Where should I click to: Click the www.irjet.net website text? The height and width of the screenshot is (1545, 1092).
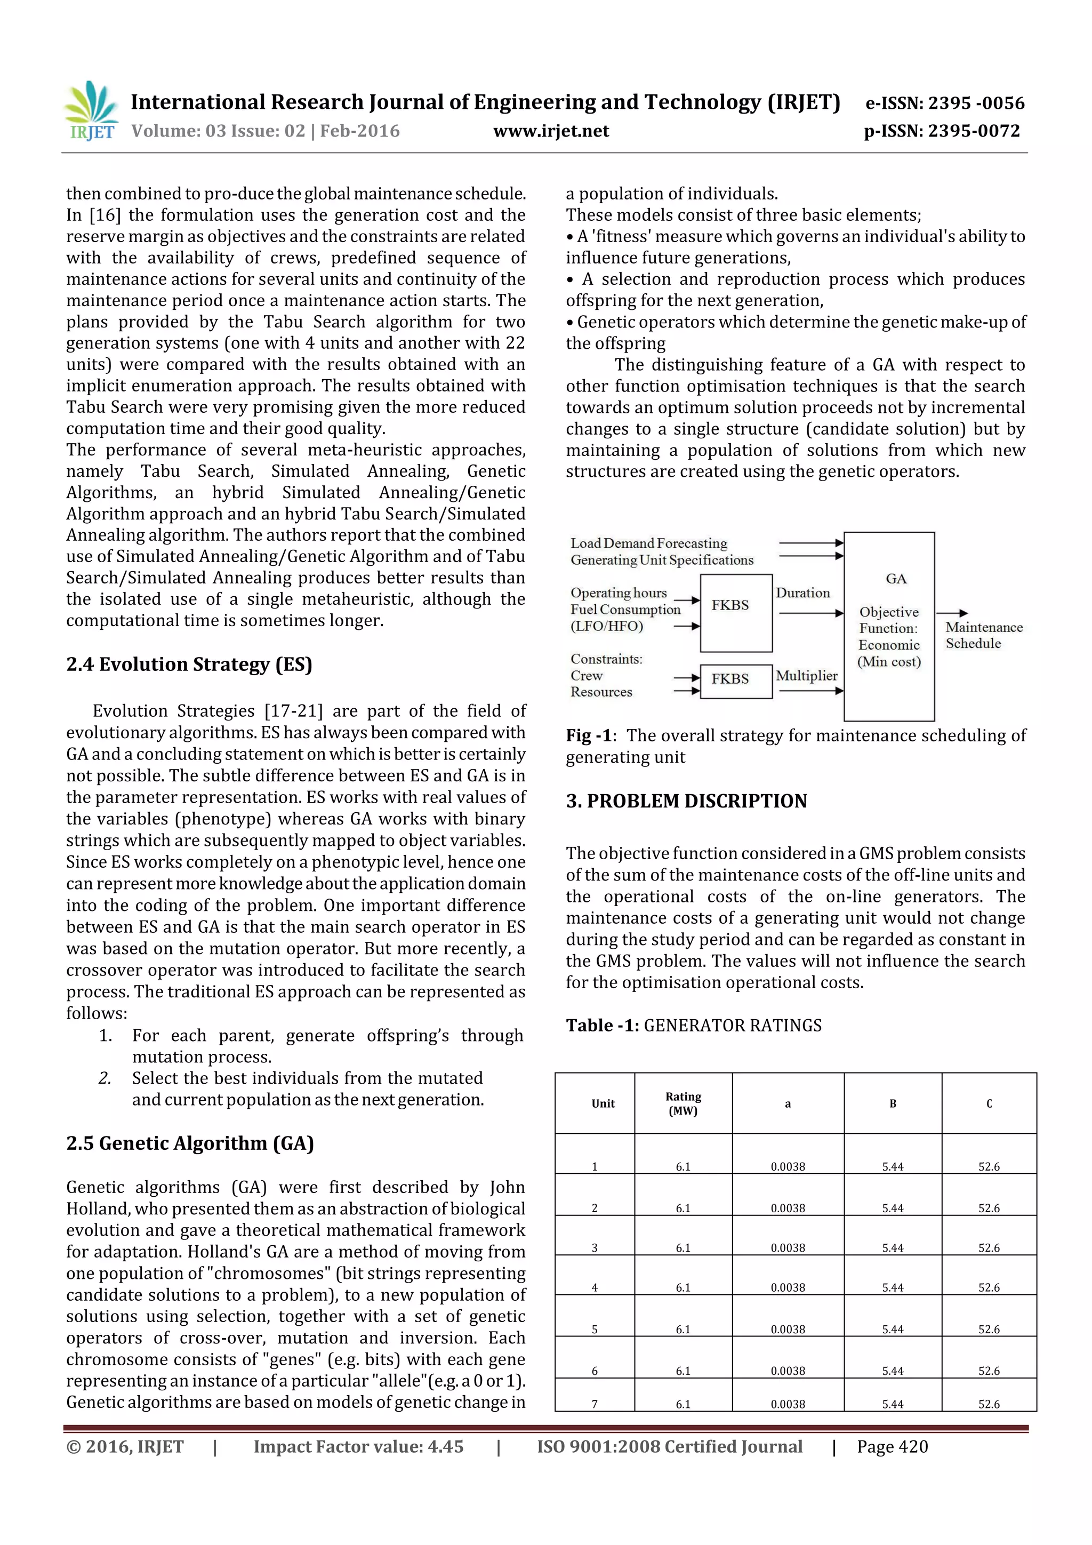point(550,131)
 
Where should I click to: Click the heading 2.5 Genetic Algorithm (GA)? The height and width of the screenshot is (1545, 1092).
point(190,1143)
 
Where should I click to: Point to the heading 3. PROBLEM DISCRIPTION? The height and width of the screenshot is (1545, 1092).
point(686,800)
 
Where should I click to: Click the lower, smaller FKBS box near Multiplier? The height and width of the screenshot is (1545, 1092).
point(735,679)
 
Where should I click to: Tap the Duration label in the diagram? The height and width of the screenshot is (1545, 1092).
point(802,593)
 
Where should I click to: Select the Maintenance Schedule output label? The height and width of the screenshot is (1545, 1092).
point(983,635)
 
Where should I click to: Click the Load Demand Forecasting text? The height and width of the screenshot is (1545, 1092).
point(648,543)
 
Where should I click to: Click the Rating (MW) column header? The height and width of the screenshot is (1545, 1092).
point(683,1103)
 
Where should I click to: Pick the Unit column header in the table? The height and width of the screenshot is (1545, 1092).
point(603,1103)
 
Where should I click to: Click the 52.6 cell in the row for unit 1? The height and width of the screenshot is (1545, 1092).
point(989,1167)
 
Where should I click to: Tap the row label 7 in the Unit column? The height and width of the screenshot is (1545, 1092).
point(594,1404)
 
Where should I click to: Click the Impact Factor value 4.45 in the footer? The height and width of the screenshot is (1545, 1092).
point(444,1447)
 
